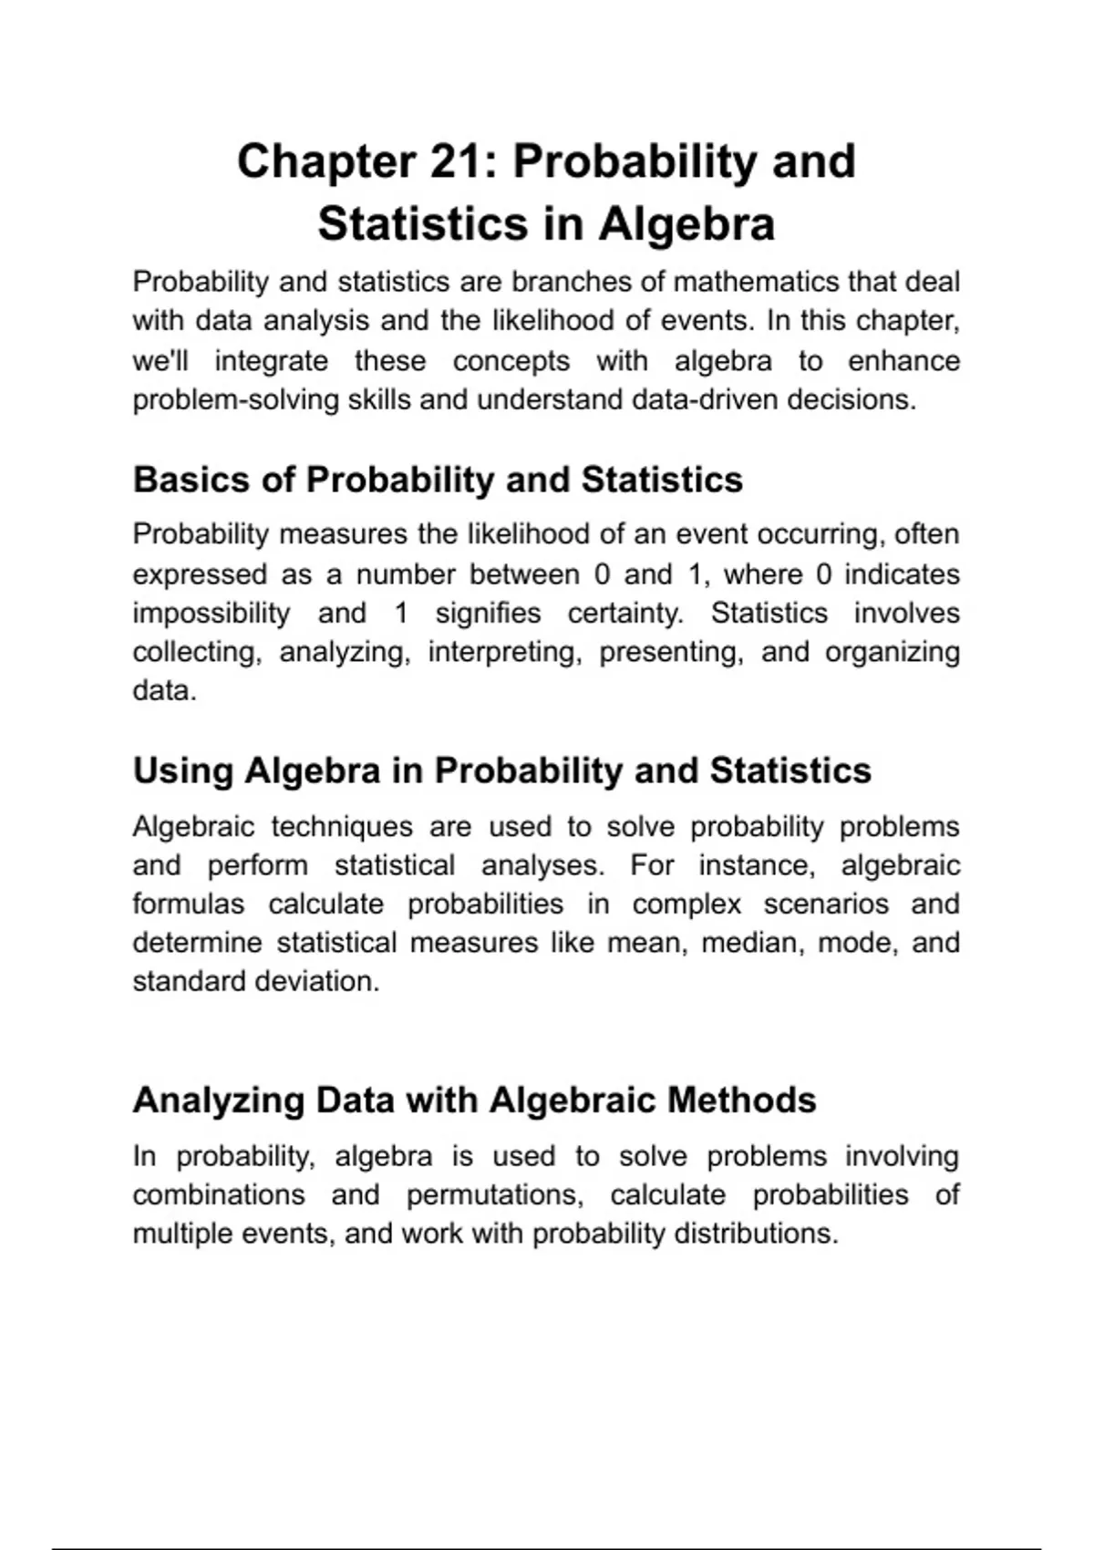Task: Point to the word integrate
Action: [271, 361]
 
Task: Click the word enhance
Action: [903, 361]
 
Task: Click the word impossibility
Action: [211, 613]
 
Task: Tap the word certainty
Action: [625, 613]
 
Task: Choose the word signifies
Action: [488, 613]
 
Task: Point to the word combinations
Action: [218, 1195]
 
